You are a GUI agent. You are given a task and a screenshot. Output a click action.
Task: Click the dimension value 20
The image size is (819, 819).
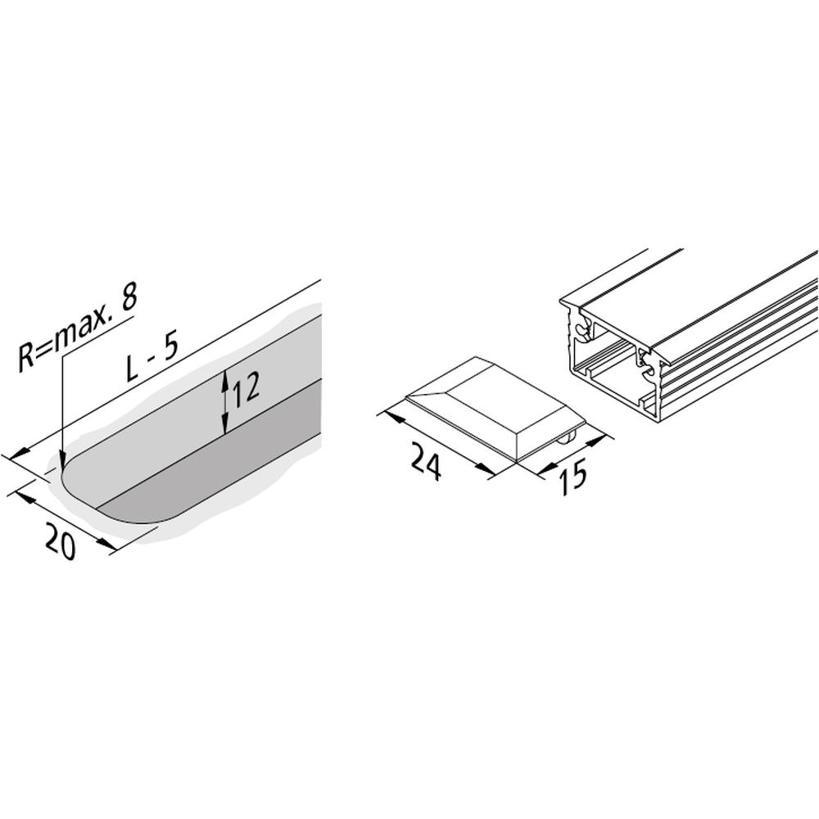[x=61, y=541]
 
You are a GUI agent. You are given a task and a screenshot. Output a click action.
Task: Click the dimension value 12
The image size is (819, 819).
[x=246, y=390]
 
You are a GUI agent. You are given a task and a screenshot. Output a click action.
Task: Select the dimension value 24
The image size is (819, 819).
[x=427, y=460]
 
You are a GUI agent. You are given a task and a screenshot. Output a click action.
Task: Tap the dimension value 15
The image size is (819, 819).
[x=573, y=475]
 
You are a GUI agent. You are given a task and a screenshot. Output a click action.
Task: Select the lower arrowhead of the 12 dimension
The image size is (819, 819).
[x=224, y=423]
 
